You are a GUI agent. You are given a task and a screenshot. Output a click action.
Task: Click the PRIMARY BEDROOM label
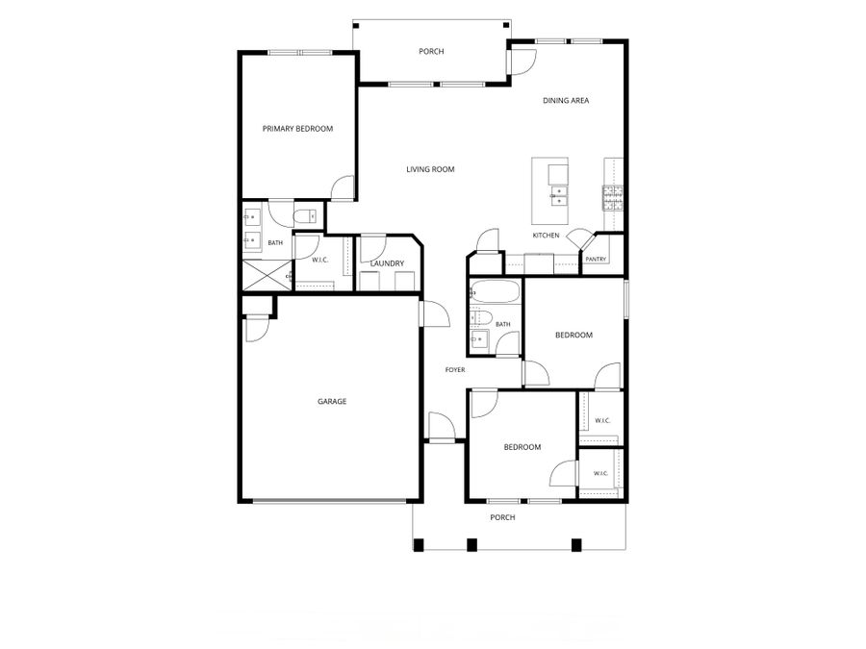[x=297, y=129]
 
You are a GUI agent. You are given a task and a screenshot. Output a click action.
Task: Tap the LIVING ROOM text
[x=430, y=169]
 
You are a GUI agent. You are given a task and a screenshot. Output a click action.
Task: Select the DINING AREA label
[x=566, y=100]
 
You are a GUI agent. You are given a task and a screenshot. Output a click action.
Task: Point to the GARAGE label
[x=332, y=401]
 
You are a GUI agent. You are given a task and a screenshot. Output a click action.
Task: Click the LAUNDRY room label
[x=387, y=263]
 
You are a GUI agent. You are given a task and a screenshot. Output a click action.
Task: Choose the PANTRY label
[x=596, y=259]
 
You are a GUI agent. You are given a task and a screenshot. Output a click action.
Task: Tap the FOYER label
[x=455, y=370]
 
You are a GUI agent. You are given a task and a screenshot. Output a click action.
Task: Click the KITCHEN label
[x=546, y=236]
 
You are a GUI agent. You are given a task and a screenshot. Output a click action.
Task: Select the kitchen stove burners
[x=613, y=197]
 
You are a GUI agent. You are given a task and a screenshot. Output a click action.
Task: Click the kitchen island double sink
[x=558, y=196]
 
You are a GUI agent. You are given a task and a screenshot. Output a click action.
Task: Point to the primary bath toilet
[x=304, y=216]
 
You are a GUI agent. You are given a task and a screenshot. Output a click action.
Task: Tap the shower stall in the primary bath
[x=267, y=275]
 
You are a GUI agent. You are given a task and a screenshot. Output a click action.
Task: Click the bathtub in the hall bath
[x=496, y=290]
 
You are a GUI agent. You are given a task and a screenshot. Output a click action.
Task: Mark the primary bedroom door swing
[x=343, y=188]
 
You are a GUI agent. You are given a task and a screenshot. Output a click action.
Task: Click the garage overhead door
[x=331, y=501]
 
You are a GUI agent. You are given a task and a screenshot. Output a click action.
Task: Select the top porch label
[x=431, y=51]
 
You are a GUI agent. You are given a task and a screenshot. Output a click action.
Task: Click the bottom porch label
[x=502, y=517]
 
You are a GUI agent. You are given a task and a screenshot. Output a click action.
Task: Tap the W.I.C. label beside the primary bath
[x=320, y=260]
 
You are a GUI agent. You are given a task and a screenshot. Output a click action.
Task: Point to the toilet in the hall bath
[x=480, y=317]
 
